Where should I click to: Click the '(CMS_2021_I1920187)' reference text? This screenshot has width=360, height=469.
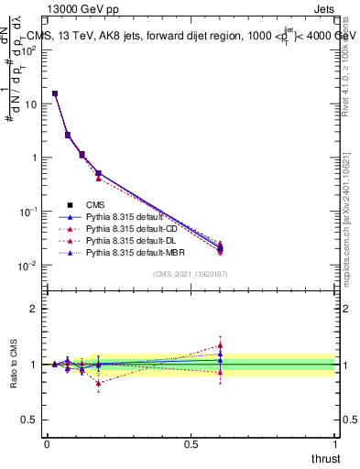coord(190,274)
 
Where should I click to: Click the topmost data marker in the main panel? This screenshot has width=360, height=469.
coord(55,93)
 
